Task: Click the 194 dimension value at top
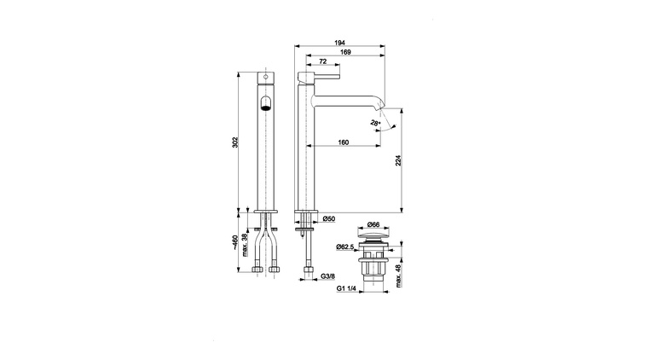(x=339, y=42)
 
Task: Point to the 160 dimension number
(x=343, y=142)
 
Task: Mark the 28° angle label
(x=375, y=125)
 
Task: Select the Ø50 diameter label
(x=329, y=219)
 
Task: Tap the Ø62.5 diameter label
(x=345, y=248)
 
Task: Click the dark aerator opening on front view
(x=265, y=104)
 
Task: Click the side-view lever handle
(x=325, y=79)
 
